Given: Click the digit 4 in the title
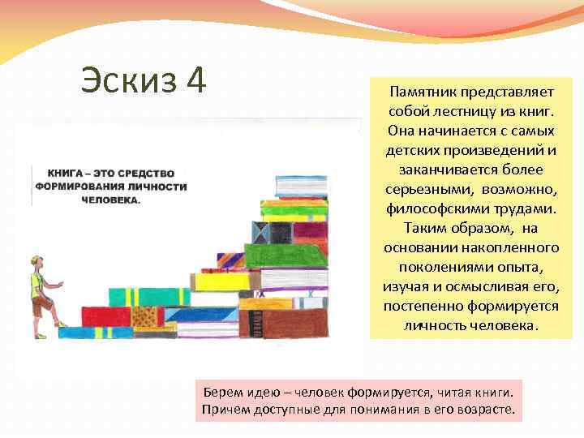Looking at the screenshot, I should (195, 82).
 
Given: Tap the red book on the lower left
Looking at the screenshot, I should (105, 316).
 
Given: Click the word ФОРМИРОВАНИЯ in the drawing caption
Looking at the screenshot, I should (80, 187).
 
